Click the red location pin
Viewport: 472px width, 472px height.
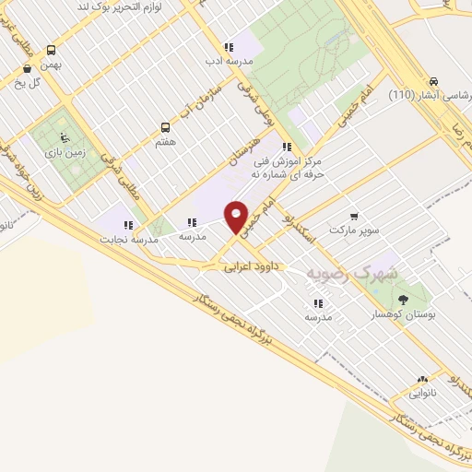click(x=237, y=216)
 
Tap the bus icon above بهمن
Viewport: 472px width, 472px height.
click(x=50, y=51)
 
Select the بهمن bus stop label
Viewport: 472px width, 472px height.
click(x=50, y=66)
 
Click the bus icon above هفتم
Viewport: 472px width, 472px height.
click(x=166, y=127)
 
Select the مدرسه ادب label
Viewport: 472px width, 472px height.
click(x=228, y=62)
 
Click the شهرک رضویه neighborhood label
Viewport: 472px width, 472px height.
click(x=366, y=274)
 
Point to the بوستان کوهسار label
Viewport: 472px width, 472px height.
click(x=403, y=314)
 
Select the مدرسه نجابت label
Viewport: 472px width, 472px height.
click(x=129, y=239)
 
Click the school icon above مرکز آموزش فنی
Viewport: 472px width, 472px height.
click(x=288, y=146)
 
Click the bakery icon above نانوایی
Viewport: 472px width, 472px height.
click(x=422, y=378)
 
